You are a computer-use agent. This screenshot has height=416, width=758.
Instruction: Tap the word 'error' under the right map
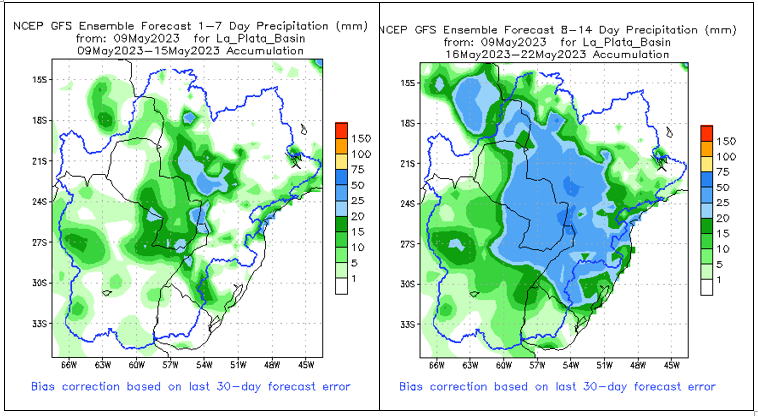pos(697,386)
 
